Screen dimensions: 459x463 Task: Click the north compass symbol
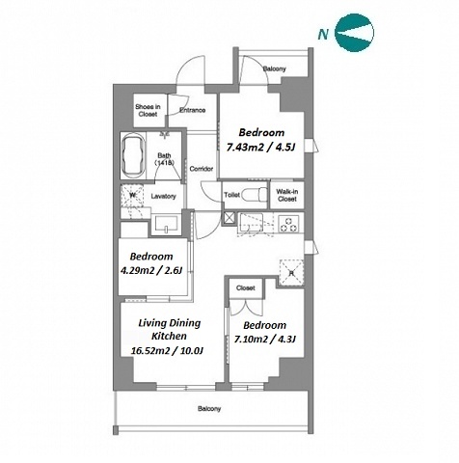click(354, 33)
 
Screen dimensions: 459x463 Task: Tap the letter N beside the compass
click(323, 34)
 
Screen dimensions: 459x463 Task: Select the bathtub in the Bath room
click(133, 155)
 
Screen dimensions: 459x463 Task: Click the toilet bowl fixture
click(254, 195)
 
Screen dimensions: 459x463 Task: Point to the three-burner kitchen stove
click(288, 224)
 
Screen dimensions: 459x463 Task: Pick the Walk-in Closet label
click(287, 195)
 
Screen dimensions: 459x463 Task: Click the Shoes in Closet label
click(148, 110)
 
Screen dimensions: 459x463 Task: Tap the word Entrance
click(192, 110)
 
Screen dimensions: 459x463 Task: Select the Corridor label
click(202, 169)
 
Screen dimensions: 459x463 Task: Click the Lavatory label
click(163, 196)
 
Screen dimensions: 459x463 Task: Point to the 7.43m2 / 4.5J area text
click(261, 148)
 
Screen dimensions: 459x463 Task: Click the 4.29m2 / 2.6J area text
click(151, 270)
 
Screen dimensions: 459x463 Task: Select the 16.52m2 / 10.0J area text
click(167, 350)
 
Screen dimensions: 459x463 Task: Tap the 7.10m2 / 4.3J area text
click(265, 339)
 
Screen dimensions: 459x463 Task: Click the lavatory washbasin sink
click(166, 224)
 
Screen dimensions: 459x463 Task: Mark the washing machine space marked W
click(132, 196)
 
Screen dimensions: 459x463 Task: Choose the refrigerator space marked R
click(291, 272)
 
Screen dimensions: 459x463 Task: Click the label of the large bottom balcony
click(209, 409)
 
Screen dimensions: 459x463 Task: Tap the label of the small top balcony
click(274, 68)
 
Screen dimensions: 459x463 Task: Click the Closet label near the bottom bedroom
click(246, 288)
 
